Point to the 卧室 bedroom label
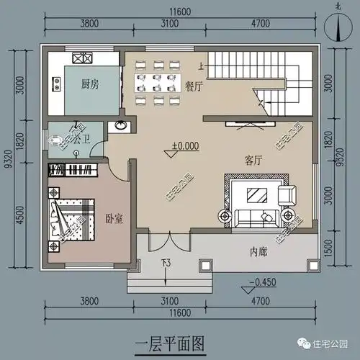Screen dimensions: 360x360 (114, 218)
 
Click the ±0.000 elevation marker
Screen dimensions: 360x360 (185, 146)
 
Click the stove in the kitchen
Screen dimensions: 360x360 (81, 58)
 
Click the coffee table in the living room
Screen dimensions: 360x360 (256, 194)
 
